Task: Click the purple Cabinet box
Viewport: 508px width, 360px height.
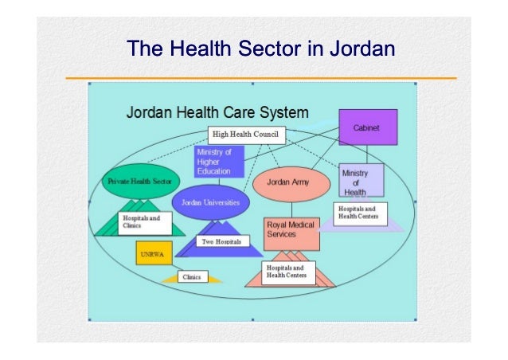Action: (x=368, y=127)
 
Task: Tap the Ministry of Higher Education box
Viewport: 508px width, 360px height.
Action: (x=217, y=162)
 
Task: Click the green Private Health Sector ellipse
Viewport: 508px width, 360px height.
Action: (x=133, y=182)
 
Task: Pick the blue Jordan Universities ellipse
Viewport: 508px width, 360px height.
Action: (x=211, y=202)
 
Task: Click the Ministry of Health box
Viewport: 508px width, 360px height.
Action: (x=361, y=182)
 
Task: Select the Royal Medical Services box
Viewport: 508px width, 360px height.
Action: (x=291, y=231)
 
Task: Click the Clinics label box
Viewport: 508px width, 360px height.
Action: (x=191, y=277)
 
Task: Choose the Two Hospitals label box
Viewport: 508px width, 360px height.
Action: (x=221, y=241)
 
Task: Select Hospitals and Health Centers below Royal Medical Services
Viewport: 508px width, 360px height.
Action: (x=289, y=272)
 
